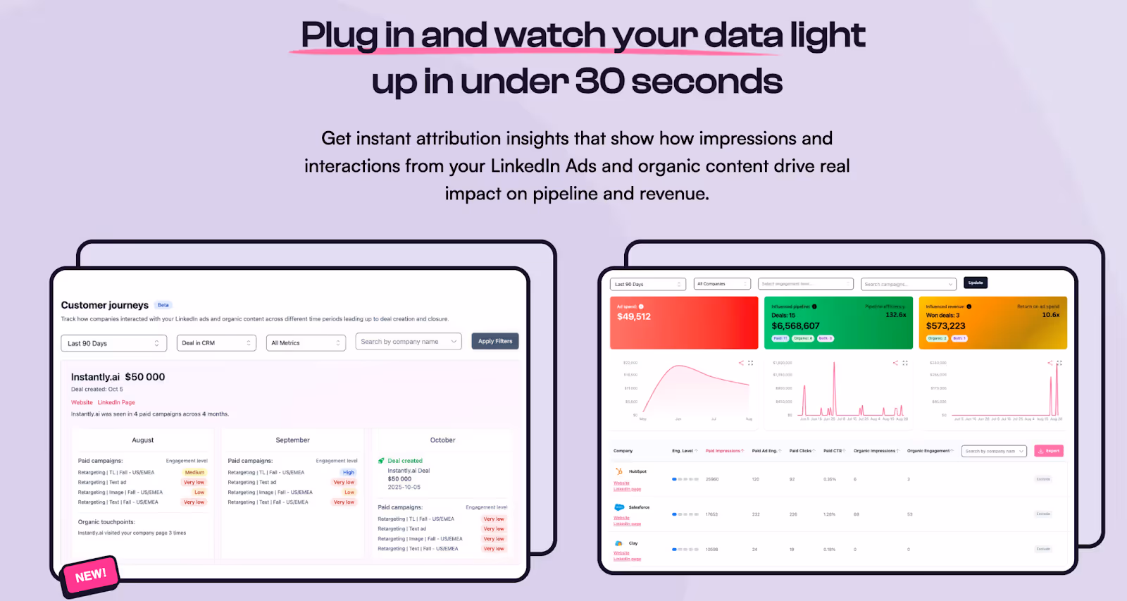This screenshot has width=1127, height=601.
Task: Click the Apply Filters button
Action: (x=494, y=341)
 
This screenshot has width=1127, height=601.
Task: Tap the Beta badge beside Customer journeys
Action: (x=163, y=305)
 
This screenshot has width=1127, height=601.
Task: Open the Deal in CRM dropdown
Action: (x=216, y=343)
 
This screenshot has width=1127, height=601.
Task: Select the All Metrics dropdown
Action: (x=306, y=343)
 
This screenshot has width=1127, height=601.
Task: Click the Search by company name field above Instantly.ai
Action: (x=408, y=342)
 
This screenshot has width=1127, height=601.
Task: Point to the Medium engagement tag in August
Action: (x=194, y=473)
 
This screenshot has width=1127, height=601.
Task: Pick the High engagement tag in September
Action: (x=349, y=473)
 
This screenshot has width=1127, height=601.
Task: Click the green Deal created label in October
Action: (x=405, y=461)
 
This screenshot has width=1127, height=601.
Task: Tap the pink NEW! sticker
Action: (x=91, y=576)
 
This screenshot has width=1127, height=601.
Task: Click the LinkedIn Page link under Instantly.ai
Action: (x=116, y=402)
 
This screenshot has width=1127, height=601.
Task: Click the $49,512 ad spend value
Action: (x=634, y=317)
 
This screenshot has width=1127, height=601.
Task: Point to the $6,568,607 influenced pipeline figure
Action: (x=795, y=326)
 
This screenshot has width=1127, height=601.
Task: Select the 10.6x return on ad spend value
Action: (x=1050, y=315)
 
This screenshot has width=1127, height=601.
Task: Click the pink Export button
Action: (x=1049, y=451)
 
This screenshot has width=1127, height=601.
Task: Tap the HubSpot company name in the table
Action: (x=637, y=471)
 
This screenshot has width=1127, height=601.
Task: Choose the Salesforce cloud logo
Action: (x=619, y=507)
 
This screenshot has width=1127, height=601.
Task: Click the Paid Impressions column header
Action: (x=723, y=451)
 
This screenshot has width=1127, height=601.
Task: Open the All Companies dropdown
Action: (x=722, y=284)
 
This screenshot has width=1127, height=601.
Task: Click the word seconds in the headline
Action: (x=706, y=82)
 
